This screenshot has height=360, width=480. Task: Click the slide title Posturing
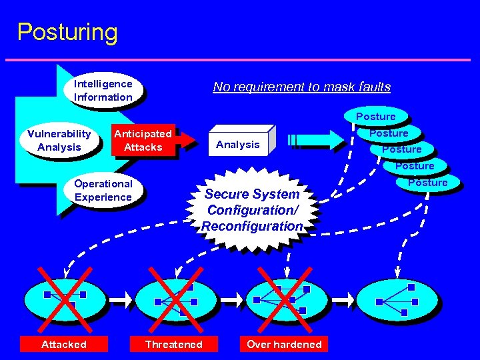[x=67, y=32]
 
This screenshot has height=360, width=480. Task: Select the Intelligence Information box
[x=103, y=91]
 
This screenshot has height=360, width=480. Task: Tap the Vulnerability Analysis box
[x=59, y=141]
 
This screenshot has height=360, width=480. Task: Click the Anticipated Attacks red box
[x=143, y=140]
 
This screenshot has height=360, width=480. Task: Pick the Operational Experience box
[x=103, y=190]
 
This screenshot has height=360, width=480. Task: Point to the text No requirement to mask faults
[x=301, y=87]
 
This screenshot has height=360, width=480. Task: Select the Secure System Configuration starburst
[x=252, y=209]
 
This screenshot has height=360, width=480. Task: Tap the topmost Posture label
[x=375, y=117]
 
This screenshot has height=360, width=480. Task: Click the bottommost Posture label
[x=428, y=182]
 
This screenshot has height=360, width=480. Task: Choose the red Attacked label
[x=64, y=344]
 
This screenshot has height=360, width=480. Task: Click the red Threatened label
[x=173, y=344]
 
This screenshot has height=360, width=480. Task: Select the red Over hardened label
[x=284, y=344]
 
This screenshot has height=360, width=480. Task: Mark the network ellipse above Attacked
[x=64, y=301]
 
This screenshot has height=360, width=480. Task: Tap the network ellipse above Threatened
[x=175, y=301]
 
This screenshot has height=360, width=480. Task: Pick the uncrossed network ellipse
[x=398, y=301]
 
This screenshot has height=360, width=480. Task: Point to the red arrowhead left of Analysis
[x=191, y=140]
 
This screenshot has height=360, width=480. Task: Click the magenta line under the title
[x=240, y=61]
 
